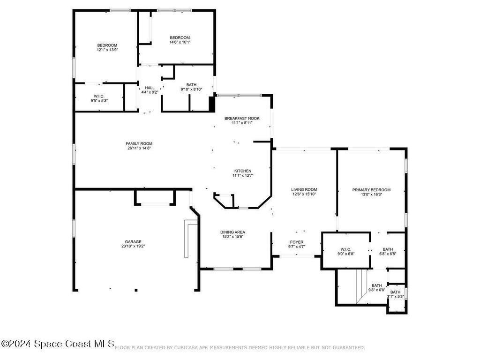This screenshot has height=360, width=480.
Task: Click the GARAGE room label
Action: point(133,241)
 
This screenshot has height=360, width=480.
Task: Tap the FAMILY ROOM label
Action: point(139,143)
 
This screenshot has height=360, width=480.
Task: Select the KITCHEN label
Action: point(243,171)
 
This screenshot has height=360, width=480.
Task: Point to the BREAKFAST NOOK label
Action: point(242,118)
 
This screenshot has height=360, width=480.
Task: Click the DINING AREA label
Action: point(233,232)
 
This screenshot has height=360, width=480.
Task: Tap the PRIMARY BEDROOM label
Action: point(371,190)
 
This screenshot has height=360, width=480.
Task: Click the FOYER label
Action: point(296,241)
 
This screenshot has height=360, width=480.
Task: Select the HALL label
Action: point(150,88)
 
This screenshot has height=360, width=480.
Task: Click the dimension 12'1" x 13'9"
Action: point(107,50)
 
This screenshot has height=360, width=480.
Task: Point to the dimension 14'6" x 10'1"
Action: point(180,42)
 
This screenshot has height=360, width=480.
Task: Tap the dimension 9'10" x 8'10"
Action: point(191,89)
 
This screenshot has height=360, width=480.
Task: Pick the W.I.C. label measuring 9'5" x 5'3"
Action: point(98,96)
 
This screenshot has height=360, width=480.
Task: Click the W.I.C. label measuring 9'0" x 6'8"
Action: point(345,249)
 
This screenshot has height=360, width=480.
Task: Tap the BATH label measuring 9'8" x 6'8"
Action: point(377,285)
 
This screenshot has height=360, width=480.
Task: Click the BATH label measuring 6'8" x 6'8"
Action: point(388,249)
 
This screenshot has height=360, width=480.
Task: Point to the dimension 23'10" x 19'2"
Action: point(133,246)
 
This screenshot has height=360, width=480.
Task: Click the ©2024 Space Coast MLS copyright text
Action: point(57,344)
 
